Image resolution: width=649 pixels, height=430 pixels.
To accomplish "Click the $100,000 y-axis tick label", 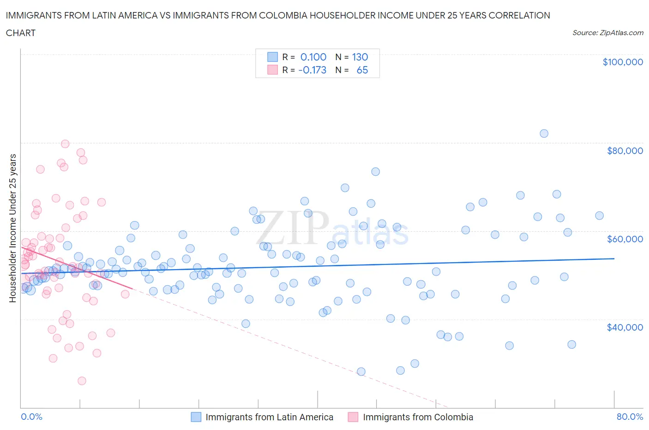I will (622, 62).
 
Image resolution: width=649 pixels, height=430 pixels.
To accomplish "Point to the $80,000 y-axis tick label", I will (625, 151).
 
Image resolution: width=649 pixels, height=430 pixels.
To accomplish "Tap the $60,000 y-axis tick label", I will (625, 239).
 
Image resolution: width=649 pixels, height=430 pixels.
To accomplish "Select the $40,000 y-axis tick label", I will (625, 327).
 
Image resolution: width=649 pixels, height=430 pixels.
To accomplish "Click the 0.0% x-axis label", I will (31, 417).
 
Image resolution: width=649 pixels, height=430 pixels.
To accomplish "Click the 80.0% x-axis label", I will (630, 417).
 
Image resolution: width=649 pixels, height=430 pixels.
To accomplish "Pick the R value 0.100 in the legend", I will (313, 57).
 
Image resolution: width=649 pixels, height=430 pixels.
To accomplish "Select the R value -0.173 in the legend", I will (312, 70).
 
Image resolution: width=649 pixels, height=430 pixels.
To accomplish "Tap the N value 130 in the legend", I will (360, 57).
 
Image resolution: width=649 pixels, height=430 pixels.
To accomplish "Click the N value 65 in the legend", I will (362, 70).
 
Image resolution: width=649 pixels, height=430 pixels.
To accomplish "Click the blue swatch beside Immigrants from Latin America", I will (196, 417).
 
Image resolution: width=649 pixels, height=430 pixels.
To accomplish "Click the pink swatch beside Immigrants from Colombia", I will (353, 417).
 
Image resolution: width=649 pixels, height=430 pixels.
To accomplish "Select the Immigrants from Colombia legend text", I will (418, 417).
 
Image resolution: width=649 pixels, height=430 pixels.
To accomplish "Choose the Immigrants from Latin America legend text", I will (269, 417).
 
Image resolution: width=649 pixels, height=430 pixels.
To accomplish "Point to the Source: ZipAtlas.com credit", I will (607, 32).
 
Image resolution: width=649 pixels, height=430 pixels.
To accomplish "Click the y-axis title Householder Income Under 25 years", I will (12, 228).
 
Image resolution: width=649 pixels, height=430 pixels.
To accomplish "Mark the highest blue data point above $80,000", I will (544, 134).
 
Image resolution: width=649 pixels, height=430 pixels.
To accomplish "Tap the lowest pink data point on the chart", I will (82, 381).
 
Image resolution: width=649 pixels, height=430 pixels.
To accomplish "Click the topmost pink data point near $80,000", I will (65, 144).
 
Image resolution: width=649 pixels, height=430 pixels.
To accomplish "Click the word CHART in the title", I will (21, 33).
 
